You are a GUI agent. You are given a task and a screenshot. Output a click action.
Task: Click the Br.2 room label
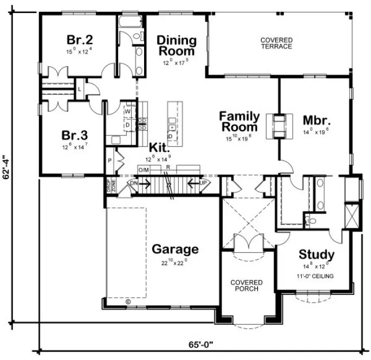80,40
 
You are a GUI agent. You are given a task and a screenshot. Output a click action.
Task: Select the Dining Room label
176,46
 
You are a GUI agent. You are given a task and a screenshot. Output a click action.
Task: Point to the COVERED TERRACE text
276,43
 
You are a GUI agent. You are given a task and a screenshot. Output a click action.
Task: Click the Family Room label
239,121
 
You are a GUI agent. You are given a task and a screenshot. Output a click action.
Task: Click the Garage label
175,250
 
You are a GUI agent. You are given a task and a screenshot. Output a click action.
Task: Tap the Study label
316,255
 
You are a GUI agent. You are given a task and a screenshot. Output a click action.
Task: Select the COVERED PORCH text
246,286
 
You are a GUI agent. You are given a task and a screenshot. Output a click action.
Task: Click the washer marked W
128,112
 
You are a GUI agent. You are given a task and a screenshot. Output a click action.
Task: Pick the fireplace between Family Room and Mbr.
279,126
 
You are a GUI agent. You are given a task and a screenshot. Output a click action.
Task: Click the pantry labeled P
110,160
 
